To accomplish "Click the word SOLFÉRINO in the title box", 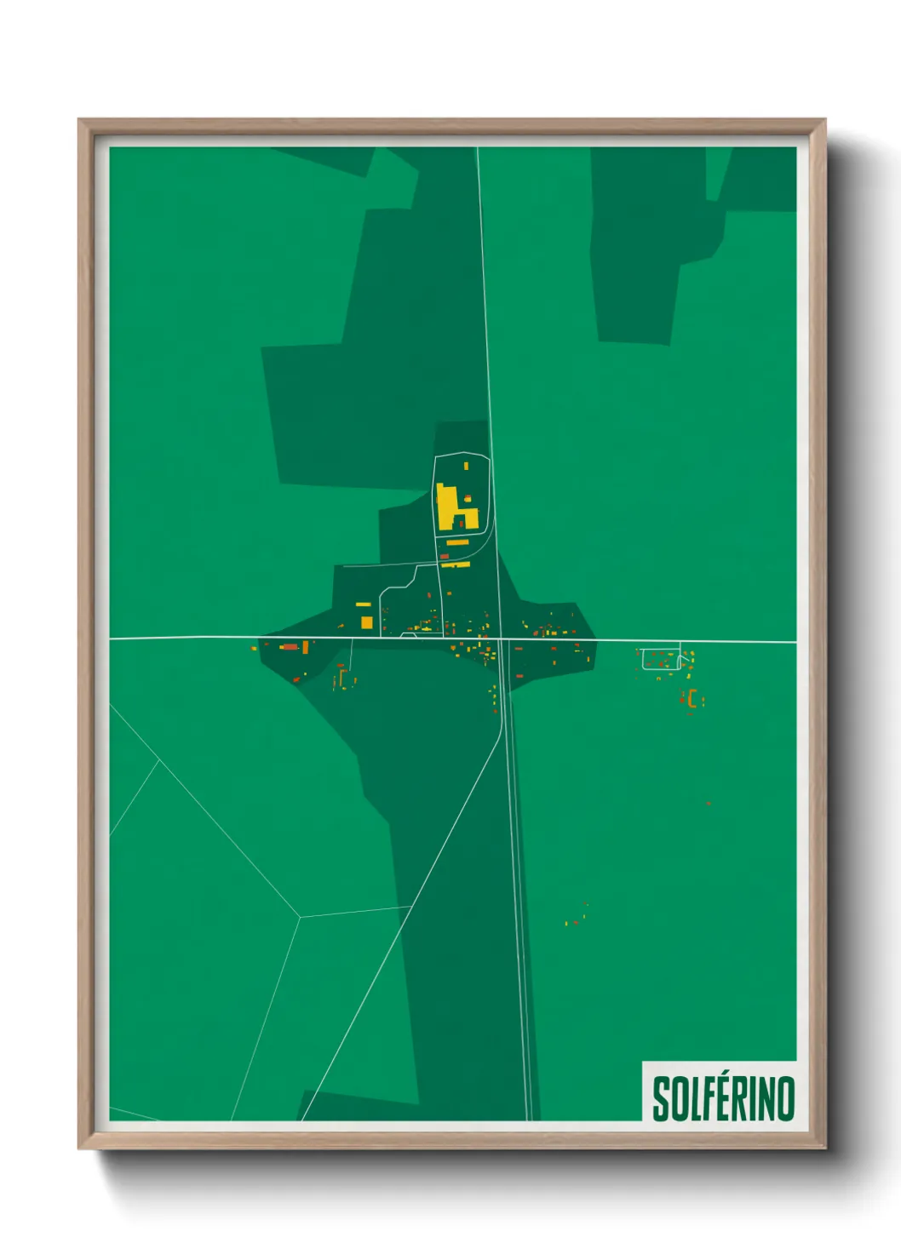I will coord(723,1098).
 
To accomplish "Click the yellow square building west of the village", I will coord(366,622).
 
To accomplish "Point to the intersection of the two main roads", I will coord(500,639).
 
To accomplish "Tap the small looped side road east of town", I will coord(661,659).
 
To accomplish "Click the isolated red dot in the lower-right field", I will coord(708,803).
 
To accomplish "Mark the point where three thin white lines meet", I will coord(300,917).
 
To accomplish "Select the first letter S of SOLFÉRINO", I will coord(660,1099).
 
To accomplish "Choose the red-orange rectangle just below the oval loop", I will coord(444,557).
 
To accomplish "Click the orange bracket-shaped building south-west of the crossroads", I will coord(342,679).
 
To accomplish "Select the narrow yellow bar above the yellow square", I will coord(363,604).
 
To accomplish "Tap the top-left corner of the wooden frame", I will coord(79,121).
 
